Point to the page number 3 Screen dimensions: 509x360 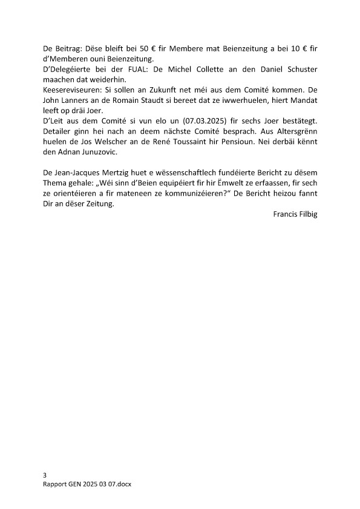tap(45, 476)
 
